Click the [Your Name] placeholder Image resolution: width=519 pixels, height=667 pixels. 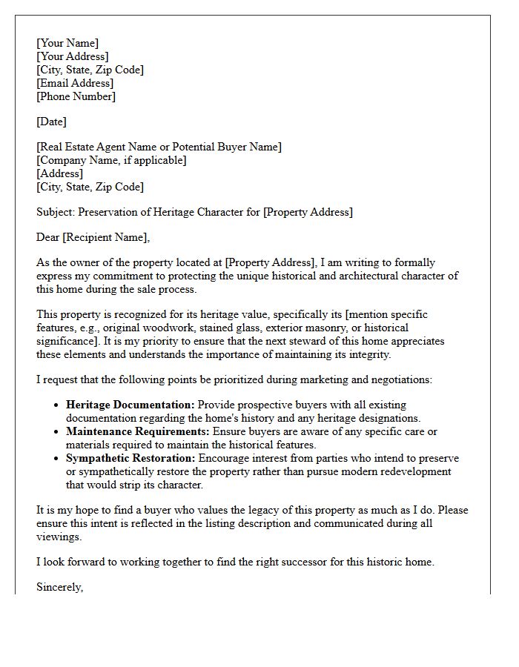pos(67,43)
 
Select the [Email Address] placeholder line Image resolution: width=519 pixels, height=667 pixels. pos(75,83)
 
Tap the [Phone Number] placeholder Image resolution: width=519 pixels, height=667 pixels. pos(76,96)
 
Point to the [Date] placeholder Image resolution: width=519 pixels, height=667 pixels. pos(51,122)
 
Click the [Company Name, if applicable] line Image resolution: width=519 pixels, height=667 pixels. pos(111,160)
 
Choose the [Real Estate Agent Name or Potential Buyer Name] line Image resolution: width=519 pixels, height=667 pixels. pos(159,147)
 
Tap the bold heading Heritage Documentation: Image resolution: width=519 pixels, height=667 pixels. pos(130,405)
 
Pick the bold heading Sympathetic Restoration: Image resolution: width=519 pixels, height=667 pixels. pos(130,458)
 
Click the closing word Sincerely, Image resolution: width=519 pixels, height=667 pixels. pos(60,587)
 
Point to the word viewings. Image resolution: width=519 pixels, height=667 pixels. pos(59,537)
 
